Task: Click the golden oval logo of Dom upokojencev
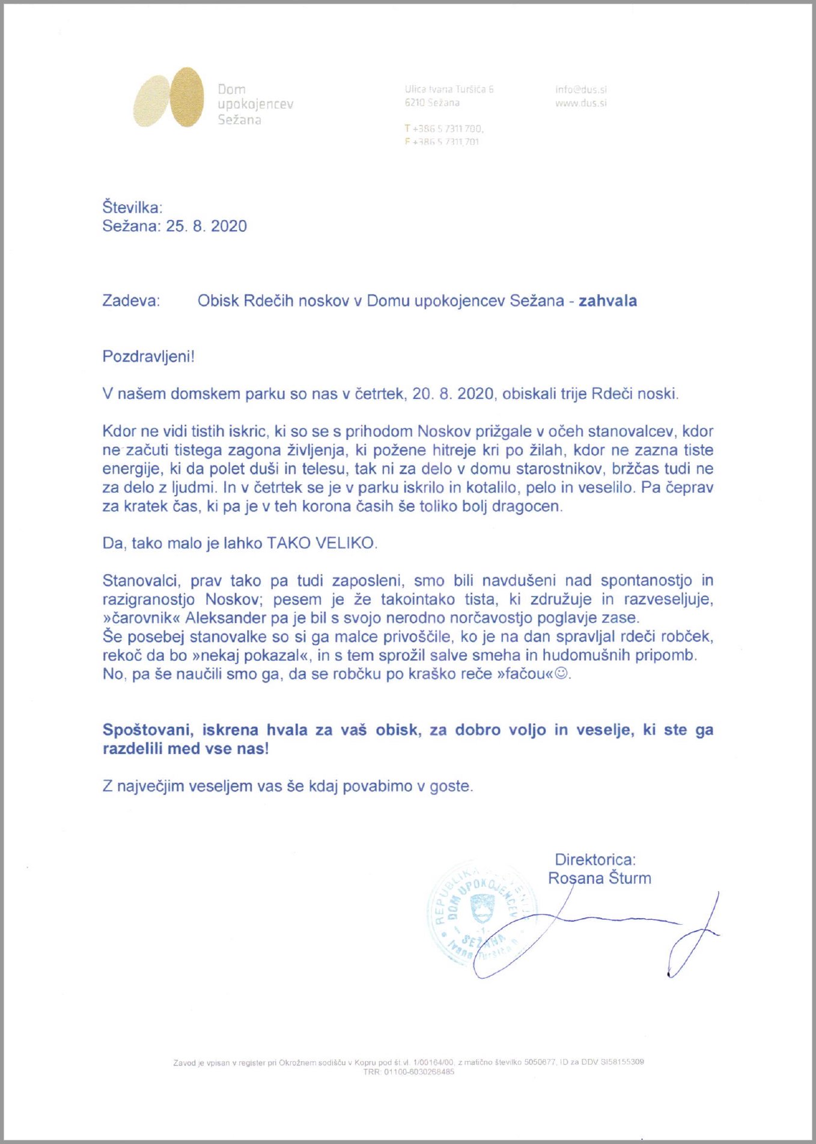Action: [x=169, y=97]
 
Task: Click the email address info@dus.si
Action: [x=580, y=90]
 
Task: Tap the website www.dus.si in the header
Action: [x=580, y=103]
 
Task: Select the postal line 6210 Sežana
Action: [x=432, y=103]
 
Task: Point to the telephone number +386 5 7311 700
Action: [x=448, y=129]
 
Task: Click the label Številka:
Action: [x=132, y=208]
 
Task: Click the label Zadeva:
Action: [x=131, y=300]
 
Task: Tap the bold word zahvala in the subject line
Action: [x=607, y=300]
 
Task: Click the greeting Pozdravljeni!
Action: [x=148, y=356]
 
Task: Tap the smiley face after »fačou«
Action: [x=561, y=674]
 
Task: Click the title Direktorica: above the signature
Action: [x=595, y=859]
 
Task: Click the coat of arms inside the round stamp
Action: [x=481, y=908]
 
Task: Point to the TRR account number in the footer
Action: [x=409, y=1072]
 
